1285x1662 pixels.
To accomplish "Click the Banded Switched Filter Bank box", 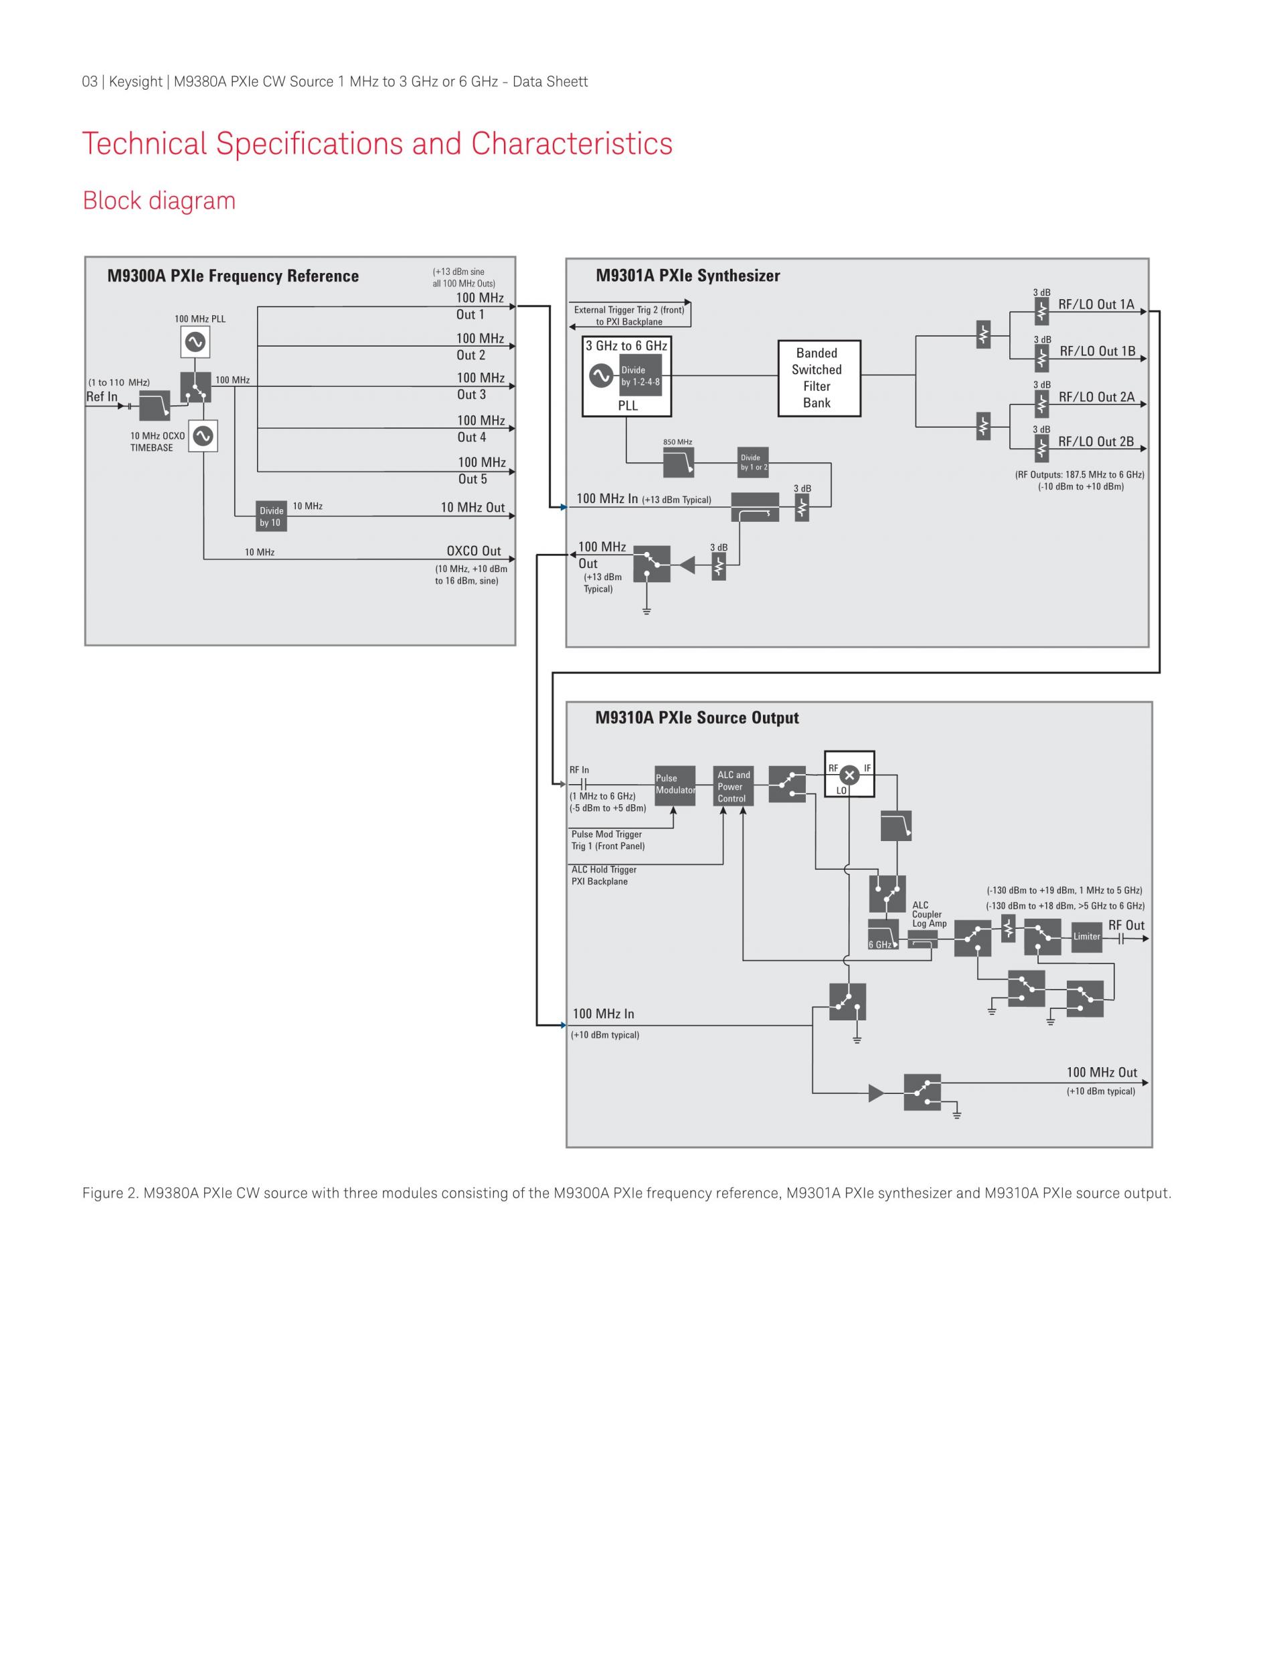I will [819, 378].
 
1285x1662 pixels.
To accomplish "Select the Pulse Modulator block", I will [675, 786].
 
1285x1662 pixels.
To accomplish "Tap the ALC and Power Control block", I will [732, 786].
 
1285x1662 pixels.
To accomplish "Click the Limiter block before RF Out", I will [1086, 937].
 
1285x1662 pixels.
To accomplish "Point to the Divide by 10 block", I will [271, 517].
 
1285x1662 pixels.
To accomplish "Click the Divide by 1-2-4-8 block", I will [640, 376].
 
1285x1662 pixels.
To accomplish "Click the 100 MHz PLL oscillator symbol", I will [195, 342].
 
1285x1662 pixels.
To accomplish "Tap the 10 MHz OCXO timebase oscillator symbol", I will [203, 436].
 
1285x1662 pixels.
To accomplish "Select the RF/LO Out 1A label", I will [1096, 304].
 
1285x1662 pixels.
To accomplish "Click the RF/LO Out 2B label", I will [1096, 442].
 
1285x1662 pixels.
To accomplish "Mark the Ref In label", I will [102, 397].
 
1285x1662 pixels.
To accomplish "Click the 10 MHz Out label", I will [472, 508].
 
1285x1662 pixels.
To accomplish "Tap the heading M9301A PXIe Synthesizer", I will [687, 276].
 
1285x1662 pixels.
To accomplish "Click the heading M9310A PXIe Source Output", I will [697, 718].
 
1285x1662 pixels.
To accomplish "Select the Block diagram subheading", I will [159, 201].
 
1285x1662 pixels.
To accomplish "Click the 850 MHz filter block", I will [678, 462].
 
